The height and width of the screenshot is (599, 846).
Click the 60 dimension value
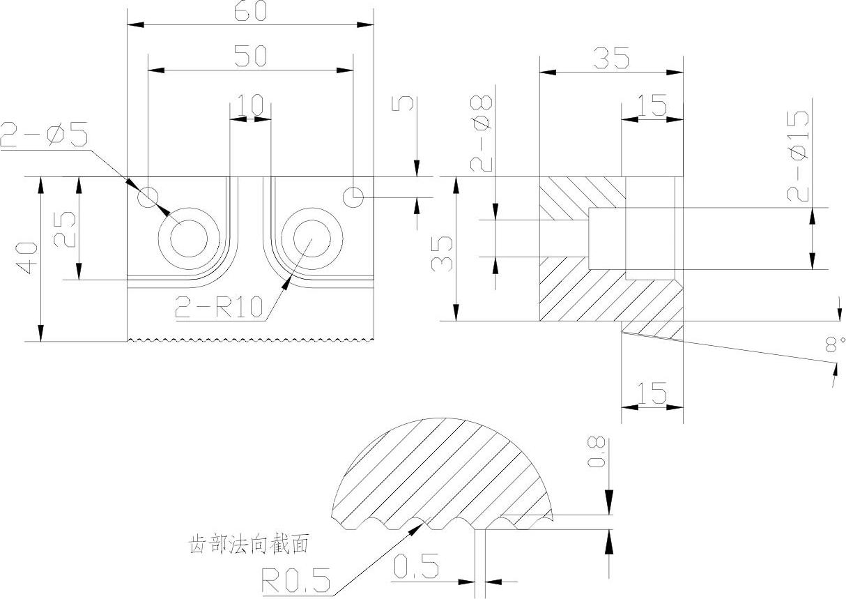point(249,13)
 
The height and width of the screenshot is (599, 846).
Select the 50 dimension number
point(249,57)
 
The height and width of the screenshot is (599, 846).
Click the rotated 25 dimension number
point(66,229)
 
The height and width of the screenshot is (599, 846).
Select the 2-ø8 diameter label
point(482,134)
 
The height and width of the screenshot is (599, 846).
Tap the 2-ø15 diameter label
point(799,157)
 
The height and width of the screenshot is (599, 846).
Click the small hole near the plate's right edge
point(354,197)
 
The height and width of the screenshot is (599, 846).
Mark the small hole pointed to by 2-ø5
point(148,197)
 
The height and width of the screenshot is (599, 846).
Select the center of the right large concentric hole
point(312,238)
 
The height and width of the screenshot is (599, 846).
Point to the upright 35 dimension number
point(611,59)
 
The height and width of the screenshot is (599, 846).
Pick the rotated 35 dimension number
point(442,253)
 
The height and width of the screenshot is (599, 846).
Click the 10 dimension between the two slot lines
point(250,106)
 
